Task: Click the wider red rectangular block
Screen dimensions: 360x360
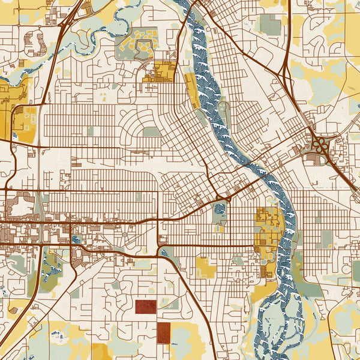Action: [145, 307]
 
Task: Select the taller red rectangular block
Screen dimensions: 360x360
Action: [163, 332]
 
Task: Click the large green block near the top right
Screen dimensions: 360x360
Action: [270, 25]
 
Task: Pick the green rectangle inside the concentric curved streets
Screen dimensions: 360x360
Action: [152, 131]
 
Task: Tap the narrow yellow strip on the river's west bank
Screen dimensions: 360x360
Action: [193, 90]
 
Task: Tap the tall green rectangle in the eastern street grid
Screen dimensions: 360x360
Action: [326, 239]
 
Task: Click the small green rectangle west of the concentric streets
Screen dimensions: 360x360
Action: [91, 131]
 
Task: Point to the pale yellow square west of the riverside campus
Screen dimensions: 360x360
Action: [205, 268]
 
